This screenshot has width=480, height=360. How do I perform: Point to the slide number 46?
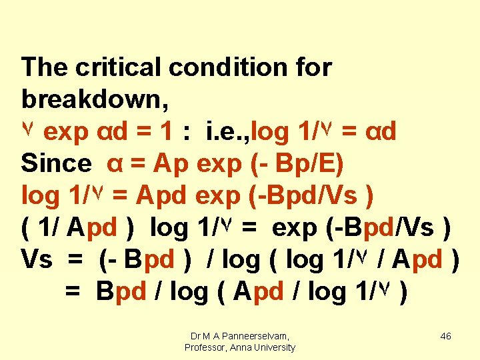click(x=446, y=336)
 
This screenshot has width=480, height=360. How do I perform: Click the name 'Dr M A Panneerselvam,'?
click(x=240, y=336)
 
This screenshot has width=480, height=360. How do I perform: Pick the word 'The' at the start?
click(x=45, y=67)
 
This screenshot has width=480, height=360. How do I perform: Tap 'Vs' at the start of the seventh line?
click(x=37, y=259)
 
